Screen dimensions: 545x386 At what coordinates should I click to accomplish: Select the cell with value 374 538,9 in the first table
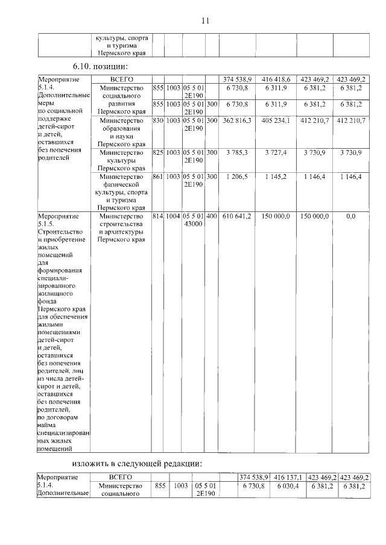coord(237,79)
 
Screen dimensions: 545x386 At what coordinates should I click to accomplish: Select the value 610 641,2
coord(237,216)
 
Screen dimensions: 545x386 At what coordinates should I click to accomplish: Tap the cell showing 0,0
coord(350,216)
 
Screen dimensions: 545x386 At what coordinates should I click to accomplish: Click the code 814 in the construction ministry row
coord(159,216)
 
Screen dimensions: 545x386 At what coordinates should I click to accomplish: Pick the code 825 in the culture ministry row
coord(159,154)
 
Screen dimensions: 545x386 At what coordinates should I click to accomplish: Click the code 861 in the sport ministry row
coord(159,177)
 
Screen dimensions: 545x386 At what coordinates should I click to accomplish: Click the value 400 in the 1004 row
coord(211,216)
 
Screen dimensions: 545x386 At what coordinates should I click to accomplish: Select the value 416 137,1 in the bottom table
coord(288,478)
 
